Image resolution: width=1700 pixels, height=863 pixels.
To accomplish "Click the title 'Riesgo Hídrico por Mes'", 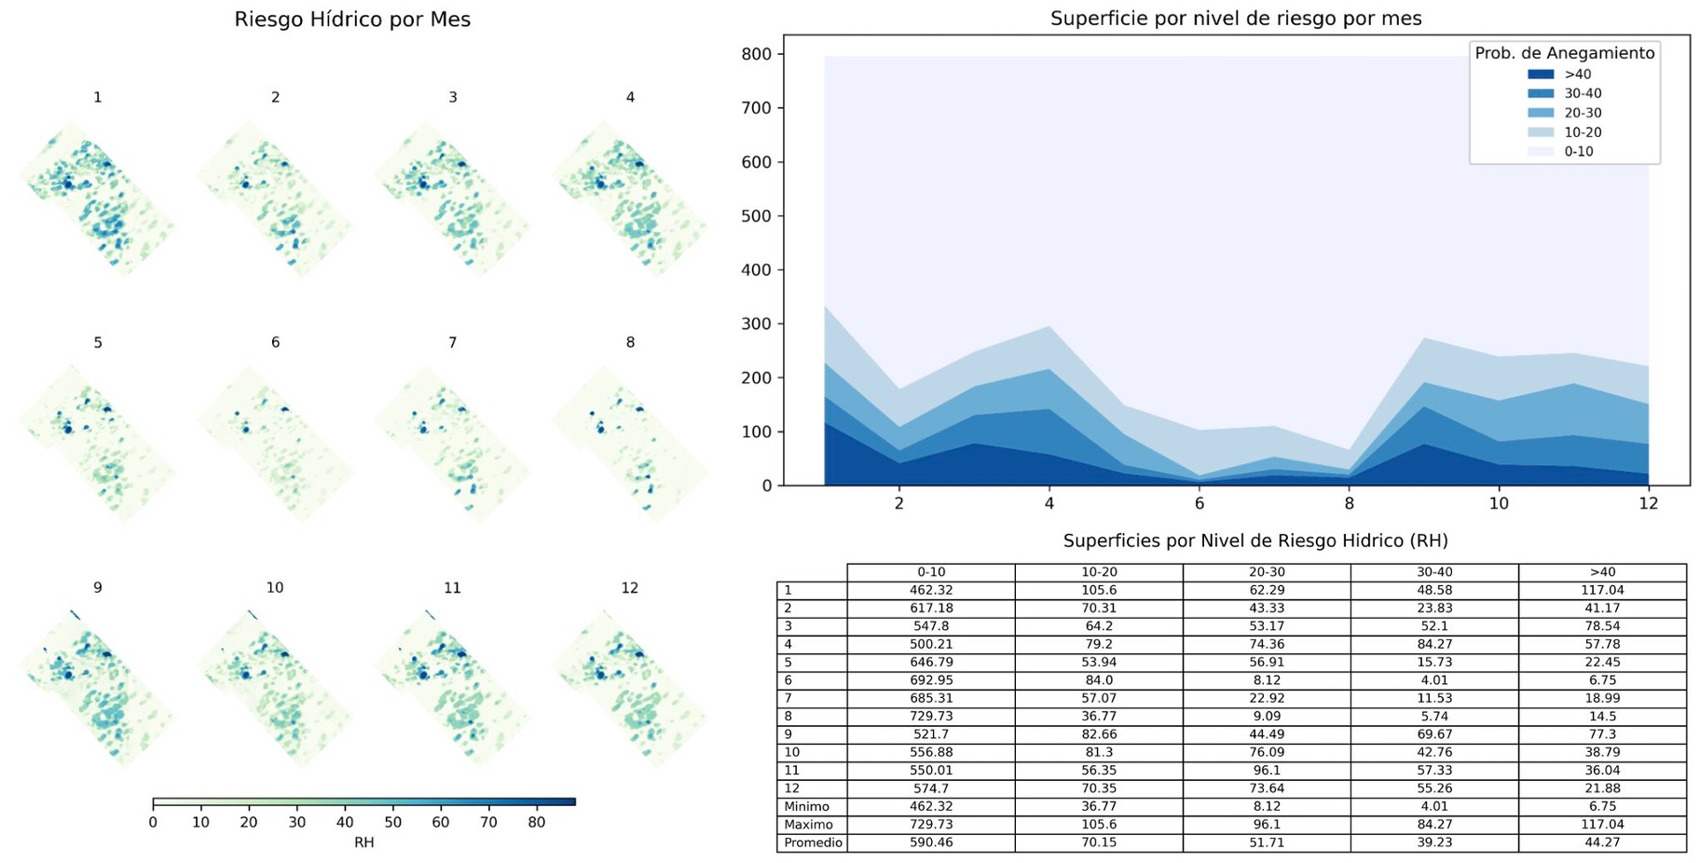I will coord(352,20).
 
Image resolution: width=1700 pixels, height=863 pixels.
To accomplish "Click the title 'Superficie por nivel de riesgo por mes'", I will coord(1236,19).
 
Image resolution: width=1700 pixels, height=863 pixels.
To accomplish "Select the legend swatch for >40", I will coord(1541,75).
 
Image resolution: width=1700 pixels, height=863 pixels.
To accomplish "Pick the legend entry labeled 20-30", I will coord(1583,113).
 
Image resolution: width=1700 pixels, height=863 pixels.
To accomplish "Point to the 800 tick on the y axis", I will coord(757,54).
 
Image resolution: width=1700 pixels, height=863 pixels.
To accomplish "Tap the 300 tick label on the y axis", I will coord(757,324).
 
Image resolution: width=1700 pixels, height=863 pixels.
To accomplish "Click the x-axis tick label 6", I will coord(1200,503).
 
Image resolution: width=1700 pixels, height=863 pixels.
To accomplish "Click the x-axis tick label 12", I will coord(1648,503).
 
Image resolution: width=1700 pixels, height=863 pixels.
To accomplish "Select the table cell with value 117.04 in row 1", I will coord(1602,590).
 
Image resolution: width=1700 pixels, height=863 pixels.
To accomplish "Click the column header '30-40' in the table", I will coord(1434,572).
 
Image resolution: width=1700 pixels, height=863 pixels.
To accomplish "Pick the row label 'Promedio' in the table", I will coord(813,842).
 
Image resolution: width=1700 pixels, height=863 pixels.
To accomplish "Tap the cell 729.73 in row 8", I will coord(930,717).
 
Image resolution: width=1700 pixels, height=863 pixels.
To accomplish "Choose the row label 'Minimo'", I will coord(806,806).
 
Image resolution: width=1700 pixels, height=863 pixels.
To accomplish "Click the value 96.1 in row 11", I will coord(1267,771).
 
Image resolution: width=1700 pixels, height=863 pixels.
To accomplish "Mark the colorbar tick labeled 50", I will coord(392,822).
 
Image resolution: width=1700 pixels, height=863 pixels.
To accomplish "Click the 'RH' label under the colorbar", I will coord(363,842).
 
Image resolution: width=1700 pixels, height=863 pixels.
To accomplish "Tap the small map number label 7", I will coord(452,343).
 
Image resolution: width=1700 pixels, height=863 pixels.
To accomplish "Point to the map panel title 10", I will coord(274,588).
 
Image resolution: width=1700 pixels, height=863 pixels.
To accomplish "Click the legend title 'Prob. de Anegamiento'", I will coord(1564,53).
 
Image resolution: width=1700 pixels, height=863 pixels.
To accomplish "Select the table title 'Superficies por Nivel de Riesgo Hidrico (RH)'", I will coord(1254,541).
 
